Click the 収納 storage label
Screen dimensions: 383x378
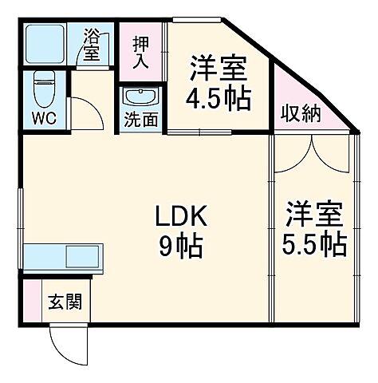tap(299, 113)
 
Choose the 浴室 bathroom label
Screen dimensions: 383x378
tap(93, 45)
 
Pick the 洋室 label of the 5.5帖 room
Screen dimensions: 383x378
tap(315, 214)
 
